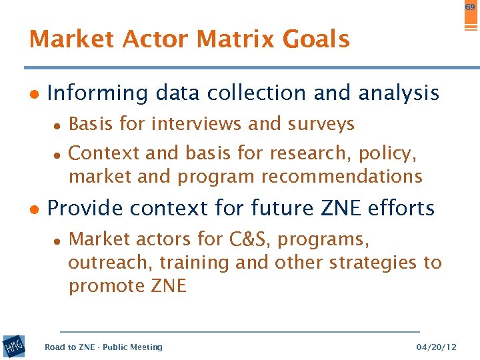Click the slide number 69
pyautogui.click(x=470, y=7)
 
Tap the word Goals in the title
pyautogui.click(x=316, y=40)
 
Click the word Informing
pyautogui.click(x=97, y=93)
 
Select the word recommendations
pyautogui.click(x=341, y=177)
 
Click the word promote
pyautogui.click(x=107, y=287)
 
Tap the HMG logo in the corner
pyautogui.click(x=13, y=346)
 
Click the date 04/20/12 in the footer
pyautogui.click(x=436, y=347)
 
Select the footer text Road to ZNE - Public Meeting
pyautogui.click(x=103, y=347)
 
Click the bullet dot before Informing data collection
pyautogui.click(x=34, y=94)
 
